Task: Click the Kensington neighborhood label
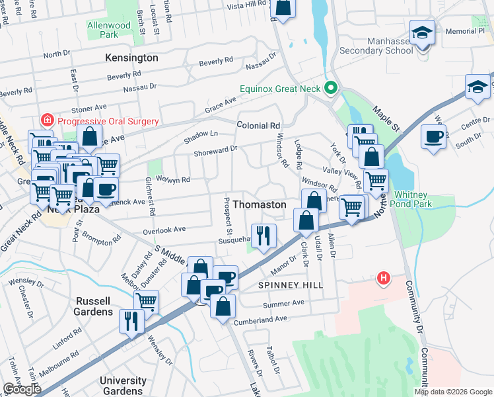(x=131, y=58)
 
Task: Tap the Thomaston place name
(x=260, y=204)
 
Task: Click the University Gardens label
(x=123, y=385)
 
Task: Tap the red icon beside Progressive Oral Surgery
(x=47, y=120)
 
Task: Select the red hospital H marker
(x=382, y=279)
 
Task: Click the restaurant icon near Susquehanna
(x=264, y=235)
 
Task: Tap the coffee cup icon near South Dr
(x=434, y=136)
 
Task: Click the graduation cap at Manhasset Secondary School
(x=422, y=32)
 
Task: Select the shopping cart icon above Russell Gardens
(x=146, y=301)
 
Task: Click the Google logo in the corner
(x=22, y=389)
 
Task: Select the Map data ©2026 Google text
(x=452, y=392)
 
